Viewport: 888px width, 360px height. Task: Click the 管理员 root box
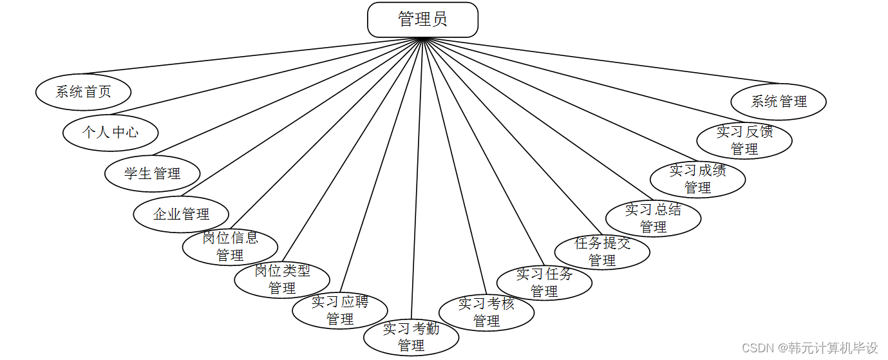click(x=422, y=20)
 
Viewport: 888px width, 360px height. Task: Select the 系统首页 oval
click(x=83, y=92)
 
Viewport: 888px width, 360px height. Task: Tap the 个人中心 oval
click(x=110, y=133)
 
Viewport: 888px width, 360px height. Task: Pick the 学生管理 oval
click(x=153, y=173)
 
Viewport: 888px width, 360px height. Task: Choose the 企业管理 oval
click(x=181, y=214)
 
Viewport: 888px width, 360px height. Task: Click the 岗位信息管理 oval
click(x=230, y=247)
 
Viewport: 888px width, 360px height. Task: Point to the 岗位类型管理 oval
click(x=282, y=280)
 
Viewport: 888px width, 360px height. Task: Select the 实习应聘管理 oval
click(x=340, y=310)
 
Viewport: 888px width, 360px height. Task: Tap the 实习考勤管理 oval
click(x=411, y=337)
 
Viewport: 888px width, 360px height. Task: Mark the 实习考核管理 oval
click(x=486, y=312)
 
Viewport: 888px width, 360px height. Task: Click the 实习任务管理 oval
click(x=544, y=283)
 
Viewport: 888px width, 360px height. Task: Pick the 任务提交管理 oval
click(x=602, y=252)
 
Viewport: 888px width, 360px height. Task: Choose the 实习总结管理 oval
click(x=653, y=218)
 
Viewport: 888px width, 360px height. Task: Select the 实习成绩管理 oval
click(x=697, y=179)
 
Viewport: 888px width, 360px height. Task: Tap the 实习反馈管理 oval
click(x=744, y=140)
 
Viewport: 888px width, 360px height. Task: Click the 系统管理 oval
click(x=779, y=102)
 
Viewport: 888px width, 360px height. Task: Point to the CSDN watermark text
click(x=810, y=348)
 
